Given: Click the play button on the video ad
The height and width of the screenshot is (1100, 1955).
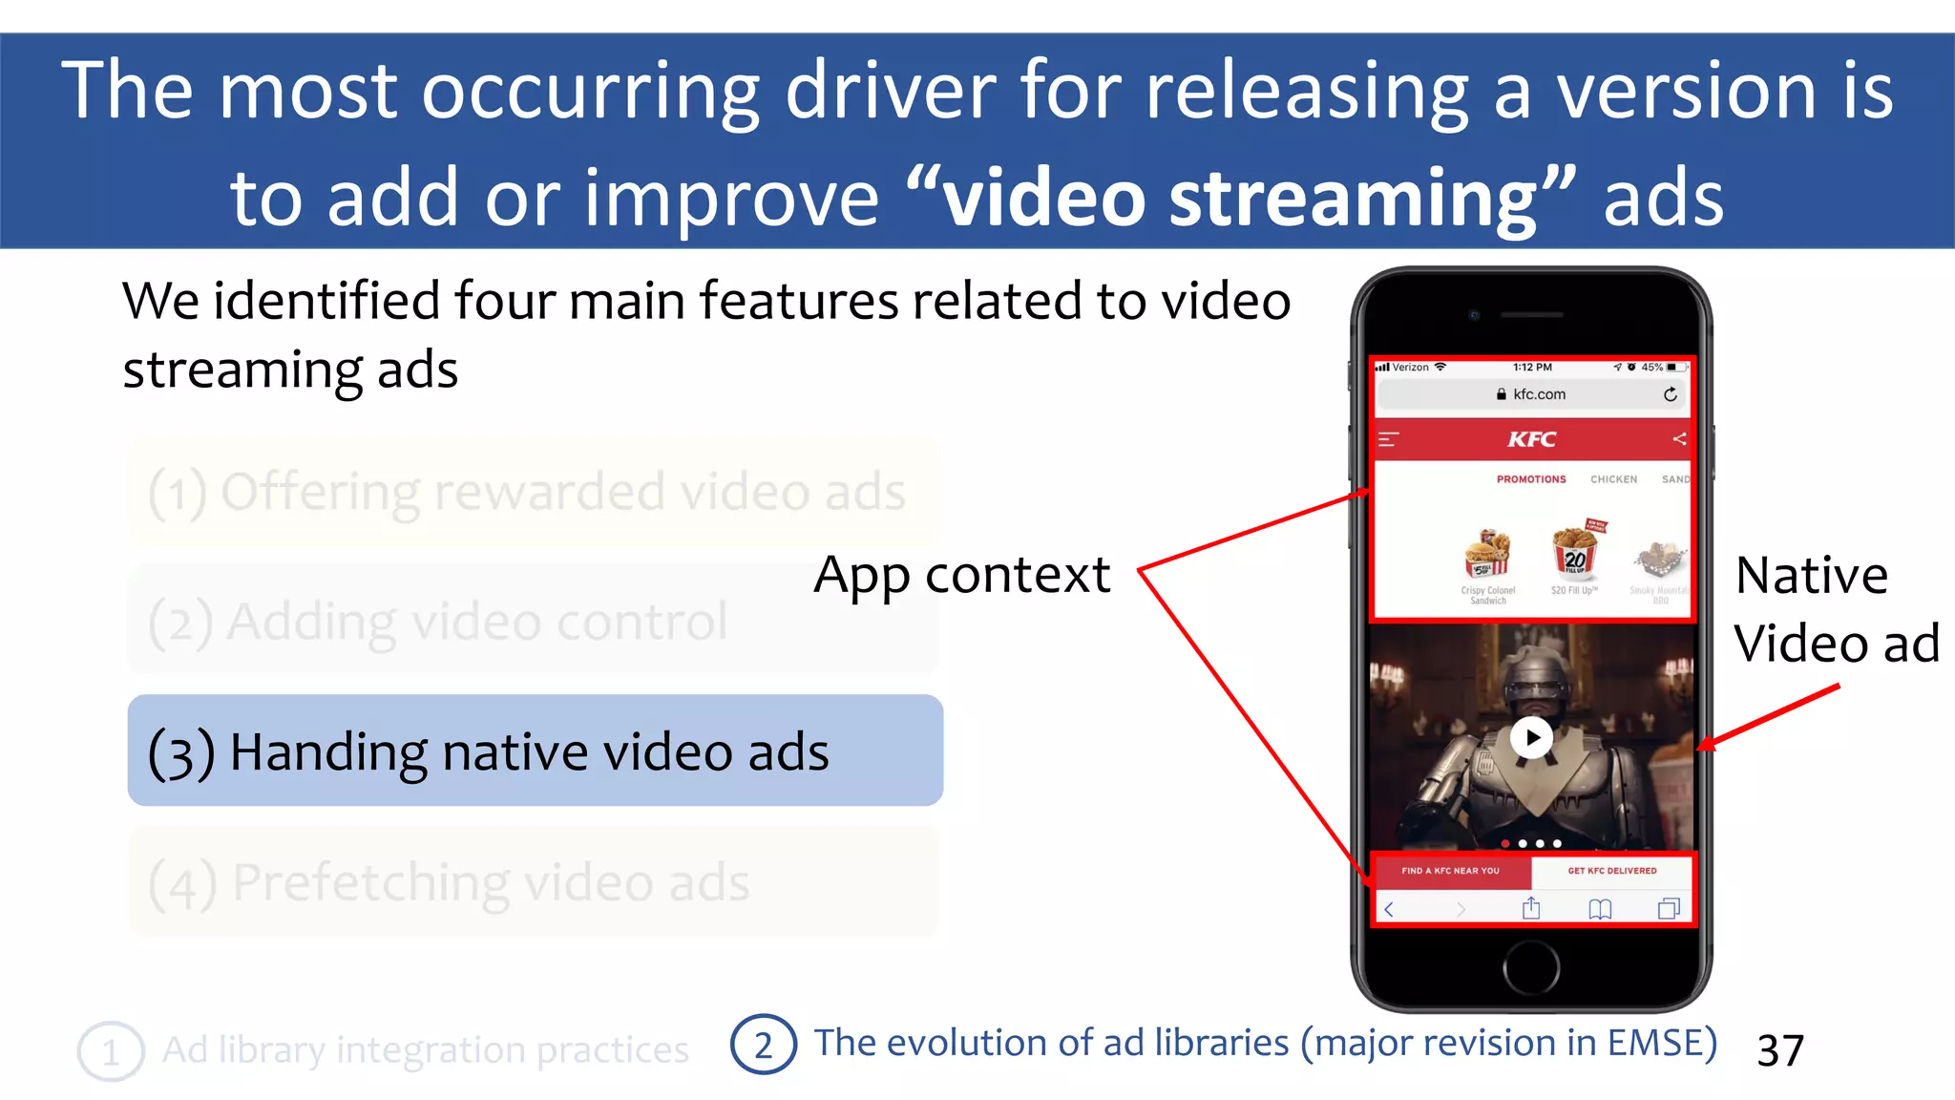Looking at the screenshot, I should click(1532, 737).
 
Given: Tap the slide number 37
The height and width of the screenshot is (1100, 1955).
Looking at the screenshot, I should click(1780, 1050).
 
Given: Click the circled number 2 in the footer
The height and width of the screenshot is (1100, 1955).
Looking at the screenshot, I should click(763, 1045).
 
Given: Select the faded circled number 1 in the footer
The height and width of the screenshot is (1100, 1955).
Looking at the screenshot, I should click(111, 1051).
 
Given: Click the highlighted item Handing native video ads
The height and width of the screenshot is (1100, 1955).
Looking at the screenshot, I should click(535, 751).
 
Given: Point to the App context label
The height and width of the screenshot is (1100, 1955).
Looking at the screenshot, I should click(961, 575).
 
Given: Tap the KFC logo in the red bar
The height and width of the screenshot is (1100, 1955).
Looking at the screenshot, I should click(1532, 439).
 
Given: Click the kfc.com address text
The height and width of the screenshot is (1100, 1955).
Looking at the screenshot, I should click(1539, 394).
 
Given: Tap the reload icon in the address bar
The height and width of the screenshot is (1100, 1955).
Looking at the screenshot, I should click(1670, 394).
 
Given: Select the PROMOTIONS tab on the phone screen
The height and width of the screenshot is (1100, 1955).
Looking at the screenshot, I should click(1531, 479).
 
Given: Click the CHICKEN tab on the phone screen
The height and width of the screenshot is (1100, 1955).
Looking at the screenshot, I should click(1613, 479).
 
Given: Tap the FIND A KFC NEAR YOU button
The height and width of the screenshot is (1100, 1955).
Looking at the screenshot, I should click(1450, 871).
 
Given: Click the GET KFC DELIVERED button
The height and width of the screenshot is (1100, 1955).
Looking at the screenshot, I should click(1612, 871).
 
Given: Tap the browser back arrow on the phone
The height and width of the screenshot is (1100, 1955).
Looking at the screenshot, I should click(1390, 909).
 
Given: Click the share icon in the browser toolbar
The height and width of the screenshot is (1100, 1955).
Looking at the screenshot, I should click(1531, 908).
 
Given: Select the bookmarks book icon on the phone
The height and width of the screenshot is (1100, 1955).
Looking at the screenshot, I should click(1600, 909).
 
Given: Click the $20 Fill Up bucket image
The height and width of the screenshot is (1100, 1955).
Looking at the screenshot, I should click(1574, 554).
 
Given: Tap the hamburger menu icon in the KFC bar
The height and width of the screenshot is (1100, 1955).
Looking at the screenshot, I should click(1389, 439).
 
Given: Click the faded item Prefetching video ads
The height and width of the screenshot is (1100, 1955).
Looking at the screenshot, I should click(535, 881).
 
